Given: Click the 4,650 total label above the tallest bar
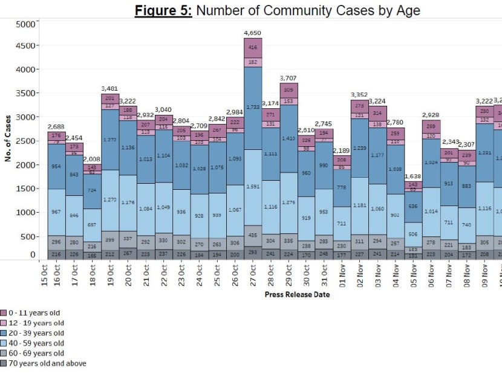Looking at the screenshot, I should pyautogui.click(x=253, y=33).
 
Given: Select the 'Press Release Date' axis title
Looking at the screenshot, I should pyautogui.click(x=297, y=294).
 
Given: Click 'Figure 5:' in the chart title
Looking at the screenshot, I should pyautogui.click(x=163, y=10).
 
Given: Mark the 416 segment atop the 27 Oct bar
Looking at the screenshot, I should pyautogui.click(x=253, y=47).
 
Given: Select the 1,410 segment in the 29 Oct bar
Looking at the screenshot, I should pyautogui.click(x=289, y=138).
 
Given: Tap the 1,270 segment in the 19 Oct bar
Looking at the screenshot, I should pyautogui.click(x=109, y=199).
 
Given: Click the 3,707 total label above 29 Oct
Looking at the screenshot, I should pyautogui.click(x=289, y=78).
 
